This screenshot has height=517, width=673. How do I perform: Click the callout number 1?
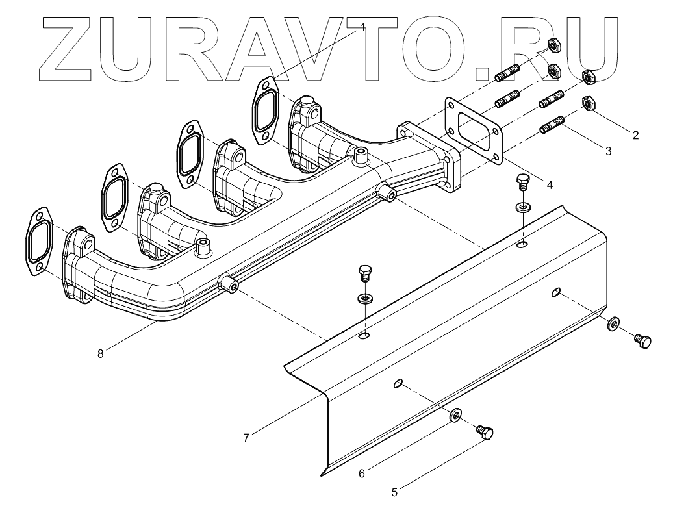pyautogui.click(x=364, y=27)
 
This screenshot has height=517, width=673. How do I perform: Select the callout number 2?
pyautogui.click(x=635, y=136)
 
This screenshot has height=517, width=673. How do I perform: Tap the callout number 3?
pyautogui.click(x=608, y=151)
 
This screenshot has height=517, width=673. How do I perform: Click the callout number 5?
pyautogui.click(x=394, y=492)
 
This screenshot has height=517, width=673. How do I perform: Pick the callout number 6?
pyautogui.click(x=362, y=473)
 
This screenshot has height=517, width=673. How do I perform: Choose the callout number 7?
pyautogui.click(x=246, y=438)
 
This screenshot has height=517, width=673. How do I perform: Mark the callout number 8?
pyautogui.click(x=99, y=354)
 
